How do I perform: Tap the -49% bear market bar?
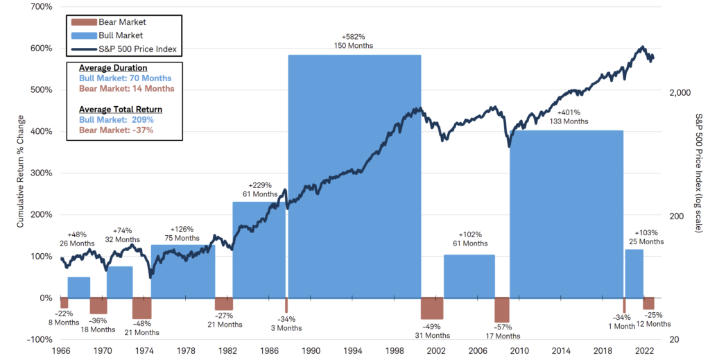431,309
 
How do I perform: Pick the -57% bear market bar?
502,309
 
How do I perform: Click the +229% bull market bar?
259,250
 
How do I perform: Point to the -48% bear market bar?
141,308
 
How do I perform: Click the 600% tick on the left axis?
41,48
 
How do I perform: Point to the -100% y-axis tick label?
39,339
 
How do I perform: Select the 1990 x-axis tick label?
311,351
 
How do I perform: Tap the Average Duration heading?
113,68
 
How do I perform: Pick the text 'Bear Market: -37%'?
115,130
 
